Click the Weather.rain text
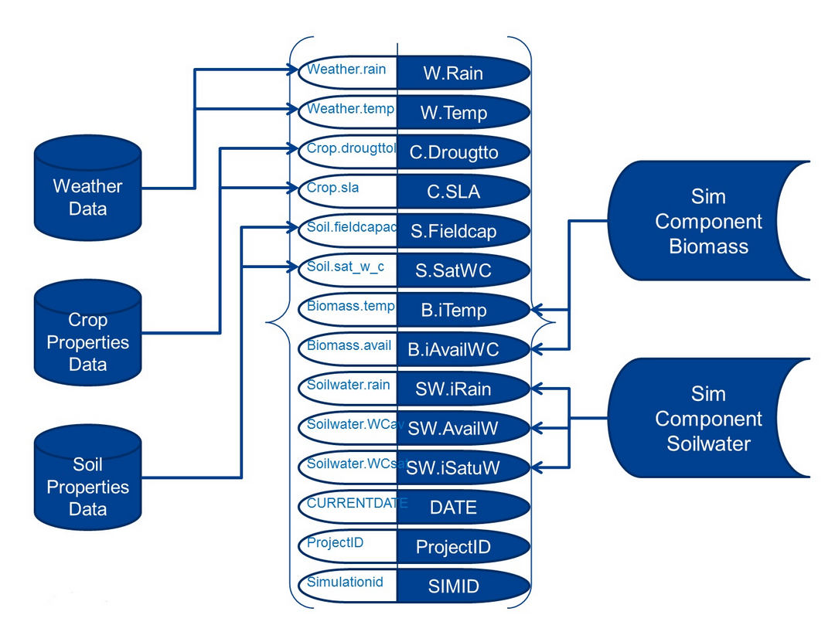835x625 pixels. coord(346,69)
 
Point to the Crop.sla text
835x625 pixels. coord(333,187)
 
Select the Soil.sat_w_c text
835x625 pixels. coord(346,266)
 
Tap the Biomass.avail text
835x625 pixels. coord(349,345)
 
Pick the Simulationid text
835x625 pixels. coord(345,582)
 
